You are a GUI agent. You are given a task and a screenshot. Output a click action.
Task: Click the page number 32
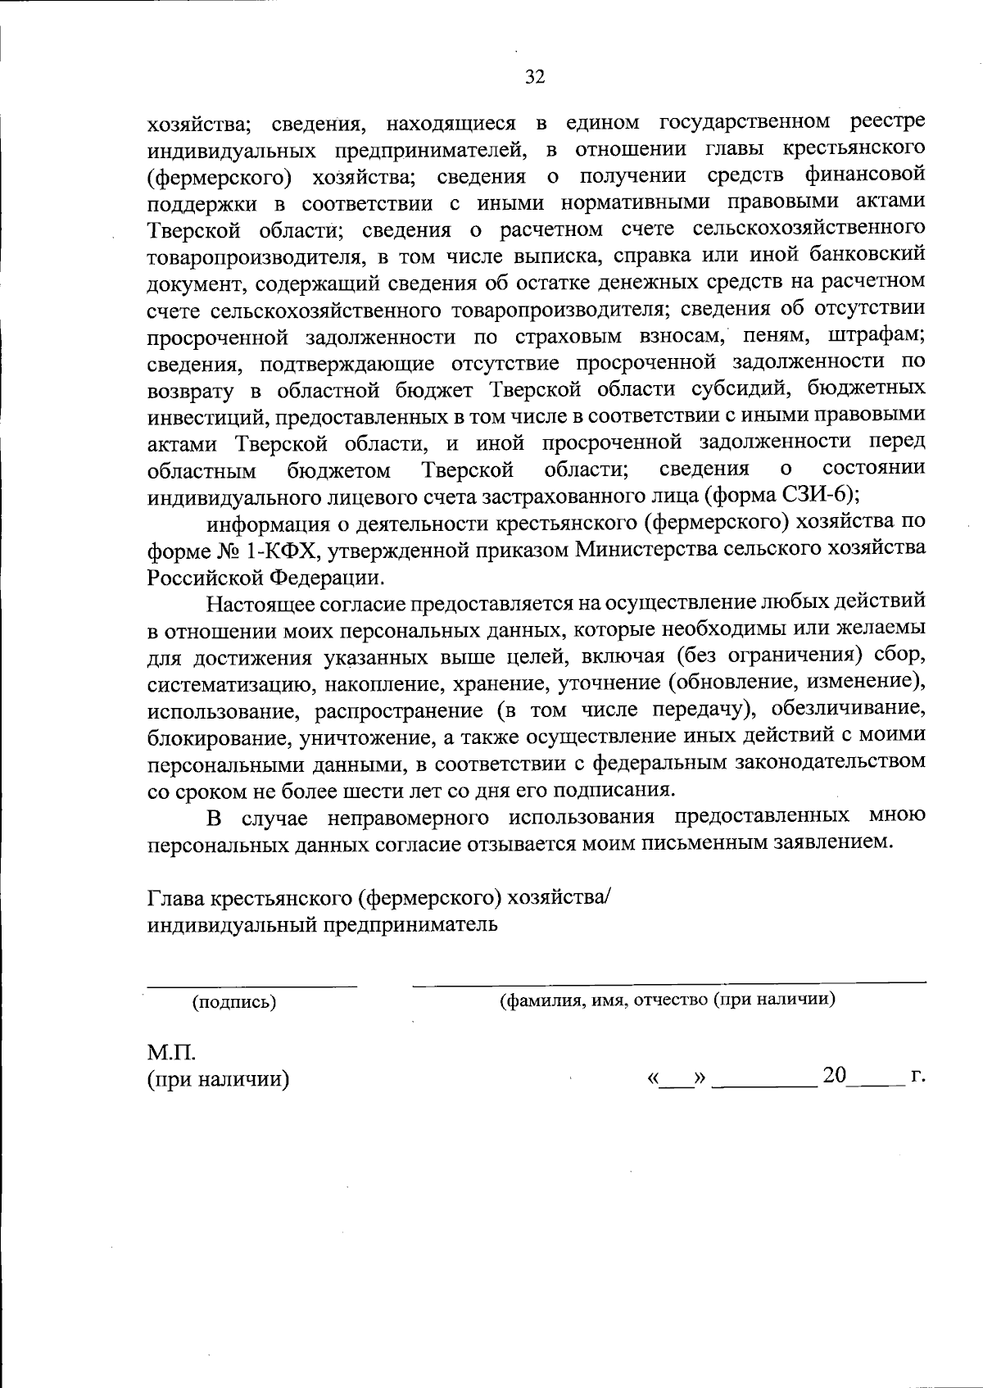(x=534, y=77)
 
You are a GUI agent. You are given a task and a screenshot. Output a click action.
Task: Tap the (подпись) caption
(x=233, y=1001)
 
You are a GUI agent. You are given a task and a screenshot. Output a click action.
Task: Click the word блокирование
(x=216, y=737)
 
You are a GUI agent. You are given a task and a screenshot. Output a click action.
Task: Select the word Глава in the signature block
(x=177, y=898)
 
